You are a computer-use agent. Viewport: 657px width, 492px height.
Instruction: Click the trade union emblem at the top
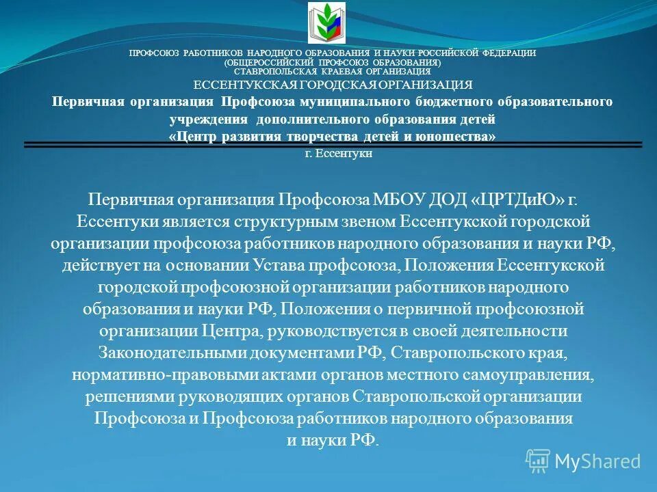point(327,23)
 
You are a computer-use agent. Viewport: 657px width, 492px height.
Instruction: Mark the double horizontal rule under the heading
point(333,144)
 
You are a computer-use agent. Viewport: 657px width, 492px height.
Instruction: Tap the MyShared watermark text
point(597,461)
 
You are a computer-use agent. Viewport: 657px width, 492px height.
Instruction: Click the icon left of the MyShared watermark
point(537,461)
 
